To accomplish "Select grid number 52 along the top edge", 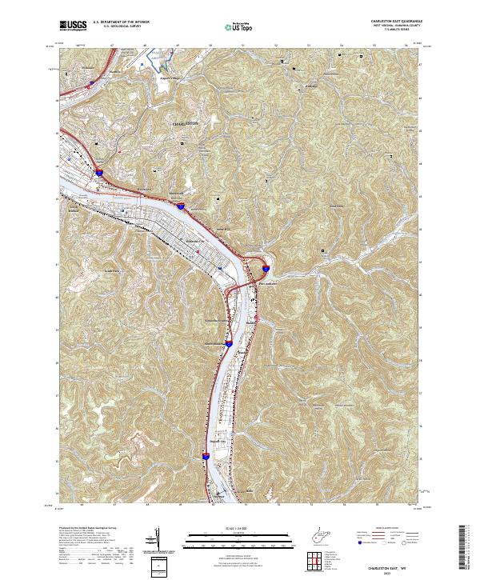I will click(x=277, y=45).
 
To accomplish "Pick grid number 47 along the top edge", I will click(x=114, y=45).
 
